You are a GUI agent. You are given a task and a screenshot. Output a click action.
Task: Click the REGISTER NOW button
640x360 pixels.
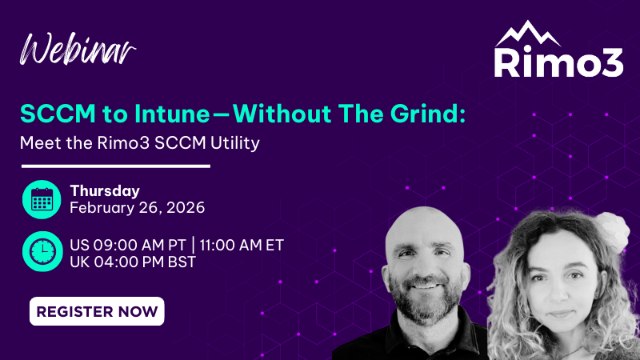[97, 311]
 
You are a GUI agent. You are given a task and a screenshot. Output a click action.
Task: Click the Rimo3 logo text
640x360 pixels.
[558, 63]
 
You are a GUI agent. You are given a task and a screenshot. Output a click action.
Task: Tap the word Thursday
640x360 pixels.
[105, 190]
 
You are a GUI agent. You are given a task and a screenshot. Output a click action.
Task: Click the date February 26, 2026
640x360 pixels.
[138, 208]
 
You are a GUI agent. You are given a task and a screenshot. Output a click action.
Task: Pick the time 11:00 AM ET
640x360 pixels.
[242, 244]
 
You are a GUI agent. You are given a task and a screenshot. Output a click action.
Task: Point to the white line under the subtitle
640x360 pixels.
[115, 166]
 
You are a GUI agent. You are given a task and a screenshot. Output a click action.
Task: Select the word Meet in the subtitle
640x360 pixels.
[38, 144]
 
